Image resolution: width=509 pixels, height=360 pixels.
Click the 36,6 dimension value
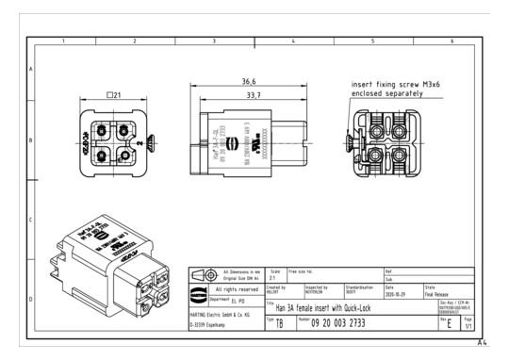(248, 82)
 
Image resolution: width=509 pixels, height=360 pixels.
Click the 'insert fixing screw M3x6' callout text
(396, 84)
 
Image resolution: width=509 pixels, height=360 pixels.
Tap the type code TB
(279, 324)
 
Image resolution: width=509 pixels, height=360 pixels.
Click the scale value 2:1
(273, 278)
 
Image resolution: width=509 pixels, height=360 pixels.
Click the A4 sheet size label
(483, 342)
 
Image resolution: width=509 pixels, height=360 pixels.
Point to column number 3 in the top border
(214, 41)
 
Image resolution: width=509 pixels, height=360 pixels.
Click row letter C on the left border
(31, 220)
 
